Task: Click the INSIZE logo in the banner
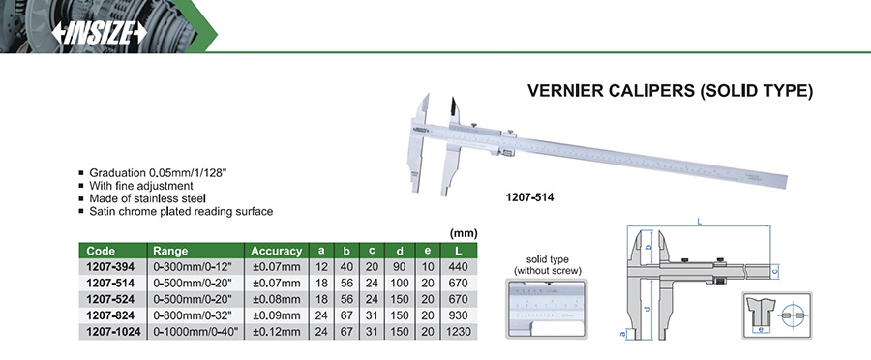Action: coord(100,34)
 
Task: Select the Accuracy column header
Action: coord(277,251)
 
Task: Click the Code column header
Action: coord(101,251)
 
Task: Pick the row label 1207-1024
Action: coord(113,333)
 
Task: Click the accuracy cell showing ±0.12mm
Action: coord(277,333)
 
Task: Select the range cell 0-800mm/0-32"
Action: coord(195,316)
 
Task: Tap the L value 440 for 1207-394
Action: coord(458,267)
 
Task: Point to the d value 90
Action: coord(400,267)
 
